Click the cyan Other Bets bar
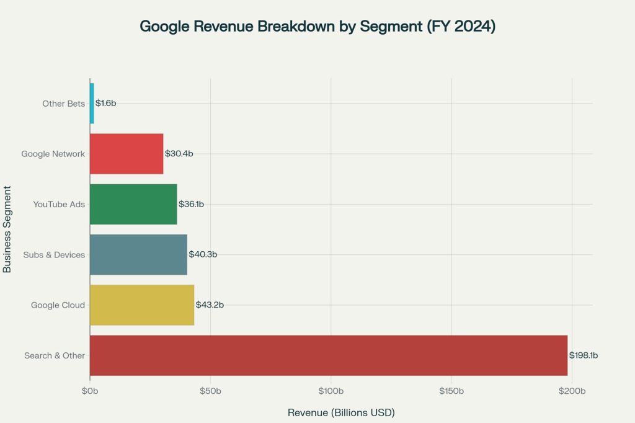point(92,103)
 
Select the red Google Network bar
point(127,154)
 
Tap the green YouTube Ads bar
point(133,204)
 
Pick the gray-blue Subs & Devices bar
point(138,254)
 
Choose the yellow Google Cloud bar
point(142,305)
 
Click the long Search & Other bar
point(329,355)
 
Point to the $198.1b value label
point(584,355)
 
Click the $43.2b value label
point(210,305)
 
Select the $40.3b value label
point(203,254)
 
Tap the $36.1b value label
point(191,204)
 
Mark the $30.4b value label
point(179,154)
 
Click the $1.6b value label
point(106,103)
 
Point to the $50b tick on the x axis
point(210,391)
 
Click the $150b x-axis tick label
point(451,391)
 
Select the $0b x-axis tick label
point(90,391)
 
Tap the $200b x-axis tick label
point(572,391)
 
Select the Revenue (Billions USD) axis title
point(341,412)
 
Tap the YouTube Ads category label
point(59,204)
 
